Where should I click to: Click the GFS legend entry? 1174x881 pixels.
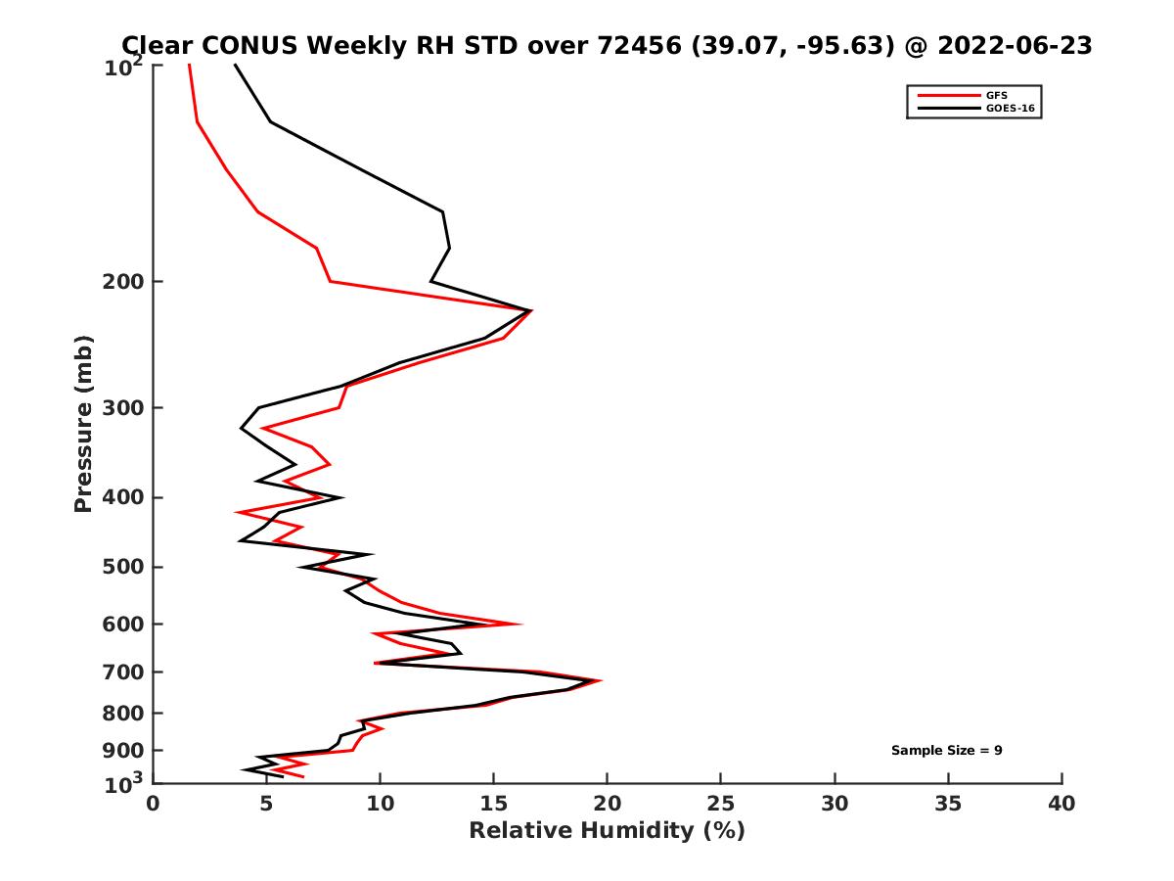point(997,95)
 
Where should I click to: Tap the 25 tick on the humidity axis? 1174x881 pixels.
point(721,804)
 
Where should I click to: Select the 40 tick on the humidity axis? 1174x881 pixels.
point(1061,804)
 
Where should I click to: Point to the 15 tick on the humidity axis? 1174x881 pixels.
point(493,804)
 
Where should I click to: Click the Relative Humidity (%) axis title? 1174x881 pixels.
point(607,831)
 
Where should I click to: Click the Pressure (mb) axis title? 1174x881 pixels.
point(83,423)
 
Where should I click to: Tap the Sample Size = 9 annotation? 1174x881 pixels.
point(946,751)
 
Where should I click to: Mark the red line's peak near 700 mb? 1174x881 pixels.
point(601,680)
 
